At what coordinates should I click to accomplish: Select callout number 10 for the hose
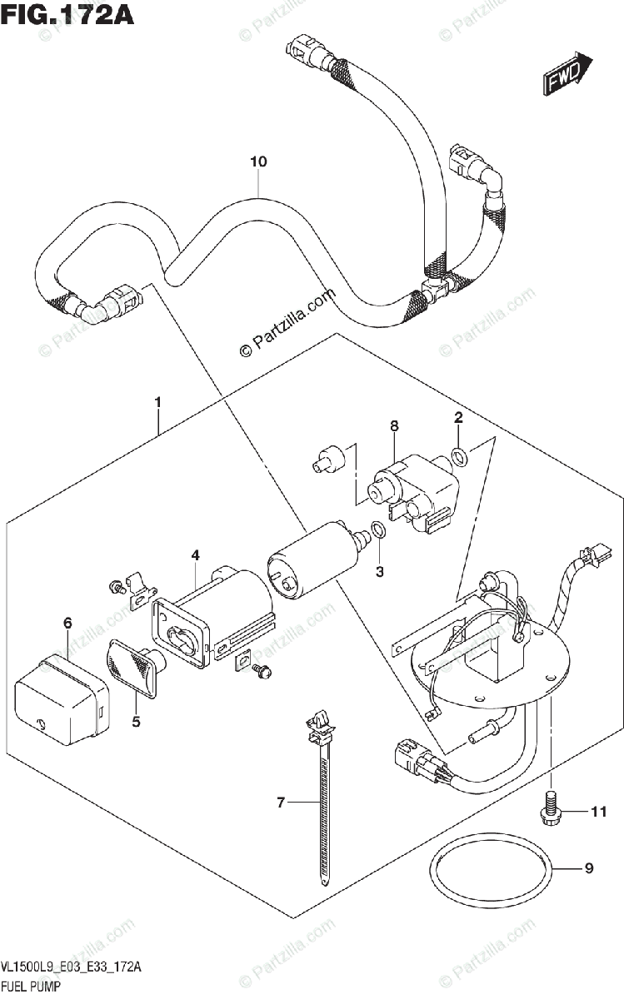click(259, 162)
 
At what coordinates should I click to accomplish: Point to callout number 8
click(394, 425)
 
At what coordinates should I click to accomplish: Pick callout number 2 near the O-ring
click(458, 416)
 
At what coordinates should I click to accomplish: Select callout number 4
click(194, 554)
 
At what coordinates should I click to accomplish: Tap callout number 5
click(136, 722)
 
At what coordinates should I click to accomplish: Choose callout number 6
click(67, 622)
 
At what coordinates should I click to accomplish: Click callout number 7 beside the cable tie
click(281, 803)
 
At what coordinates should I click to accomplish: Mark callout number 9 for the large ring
click(588, 869)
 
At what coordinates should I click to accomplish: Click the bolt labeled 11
click(549, 805)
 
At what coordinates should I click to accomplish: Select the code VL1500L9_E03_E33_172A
click(71, 967)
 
